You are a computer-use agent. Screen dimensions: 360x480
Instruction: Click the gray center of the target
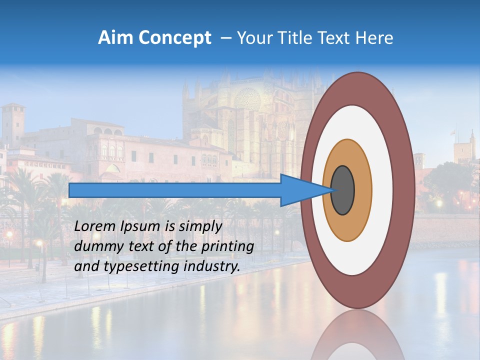click(343, 190)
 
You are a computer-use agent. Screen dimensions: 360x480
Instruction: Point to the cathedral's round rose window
click(247, 99)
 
